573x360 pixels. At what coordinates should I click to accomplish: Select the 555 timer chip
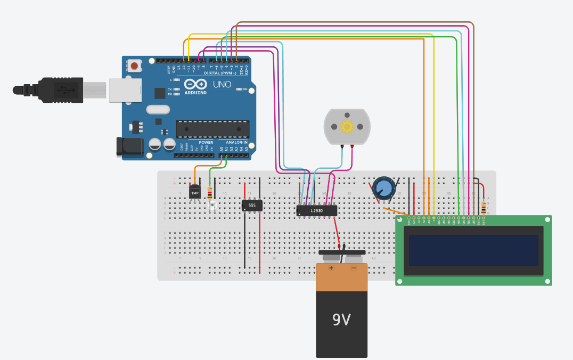[x=252, y=204]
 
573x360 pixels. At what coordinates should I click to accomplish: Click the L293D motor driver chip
[x=317, y=211]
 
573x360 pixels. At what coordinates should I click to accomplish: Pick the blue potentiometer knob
[x=383, y=187]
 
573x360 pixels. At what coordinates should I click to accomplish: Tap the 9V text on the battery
[x=341, y=320]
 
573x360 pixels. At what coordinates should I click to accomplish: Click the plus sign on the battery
[x=331, y=268]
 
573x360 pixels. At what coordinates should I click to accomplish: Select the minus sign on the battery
[x=353, y=268]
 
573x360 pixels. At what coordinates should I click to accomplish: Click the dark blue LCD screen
[x=473, y=250]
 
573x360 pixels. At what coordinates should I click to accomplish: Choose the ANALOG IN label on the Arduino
[x=236, y=142]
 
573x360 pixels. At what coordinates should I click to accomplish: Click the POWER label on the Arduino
[x=206, y=142]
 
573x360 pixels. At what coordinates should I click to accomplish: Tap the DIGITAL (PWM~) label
[x=220, y=72]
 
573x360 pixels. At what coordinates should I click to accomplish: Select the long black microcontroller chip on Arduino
[x=213, y=129]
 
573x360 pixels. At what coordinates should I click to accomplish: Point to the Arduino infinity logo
[x=195, y=84]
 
